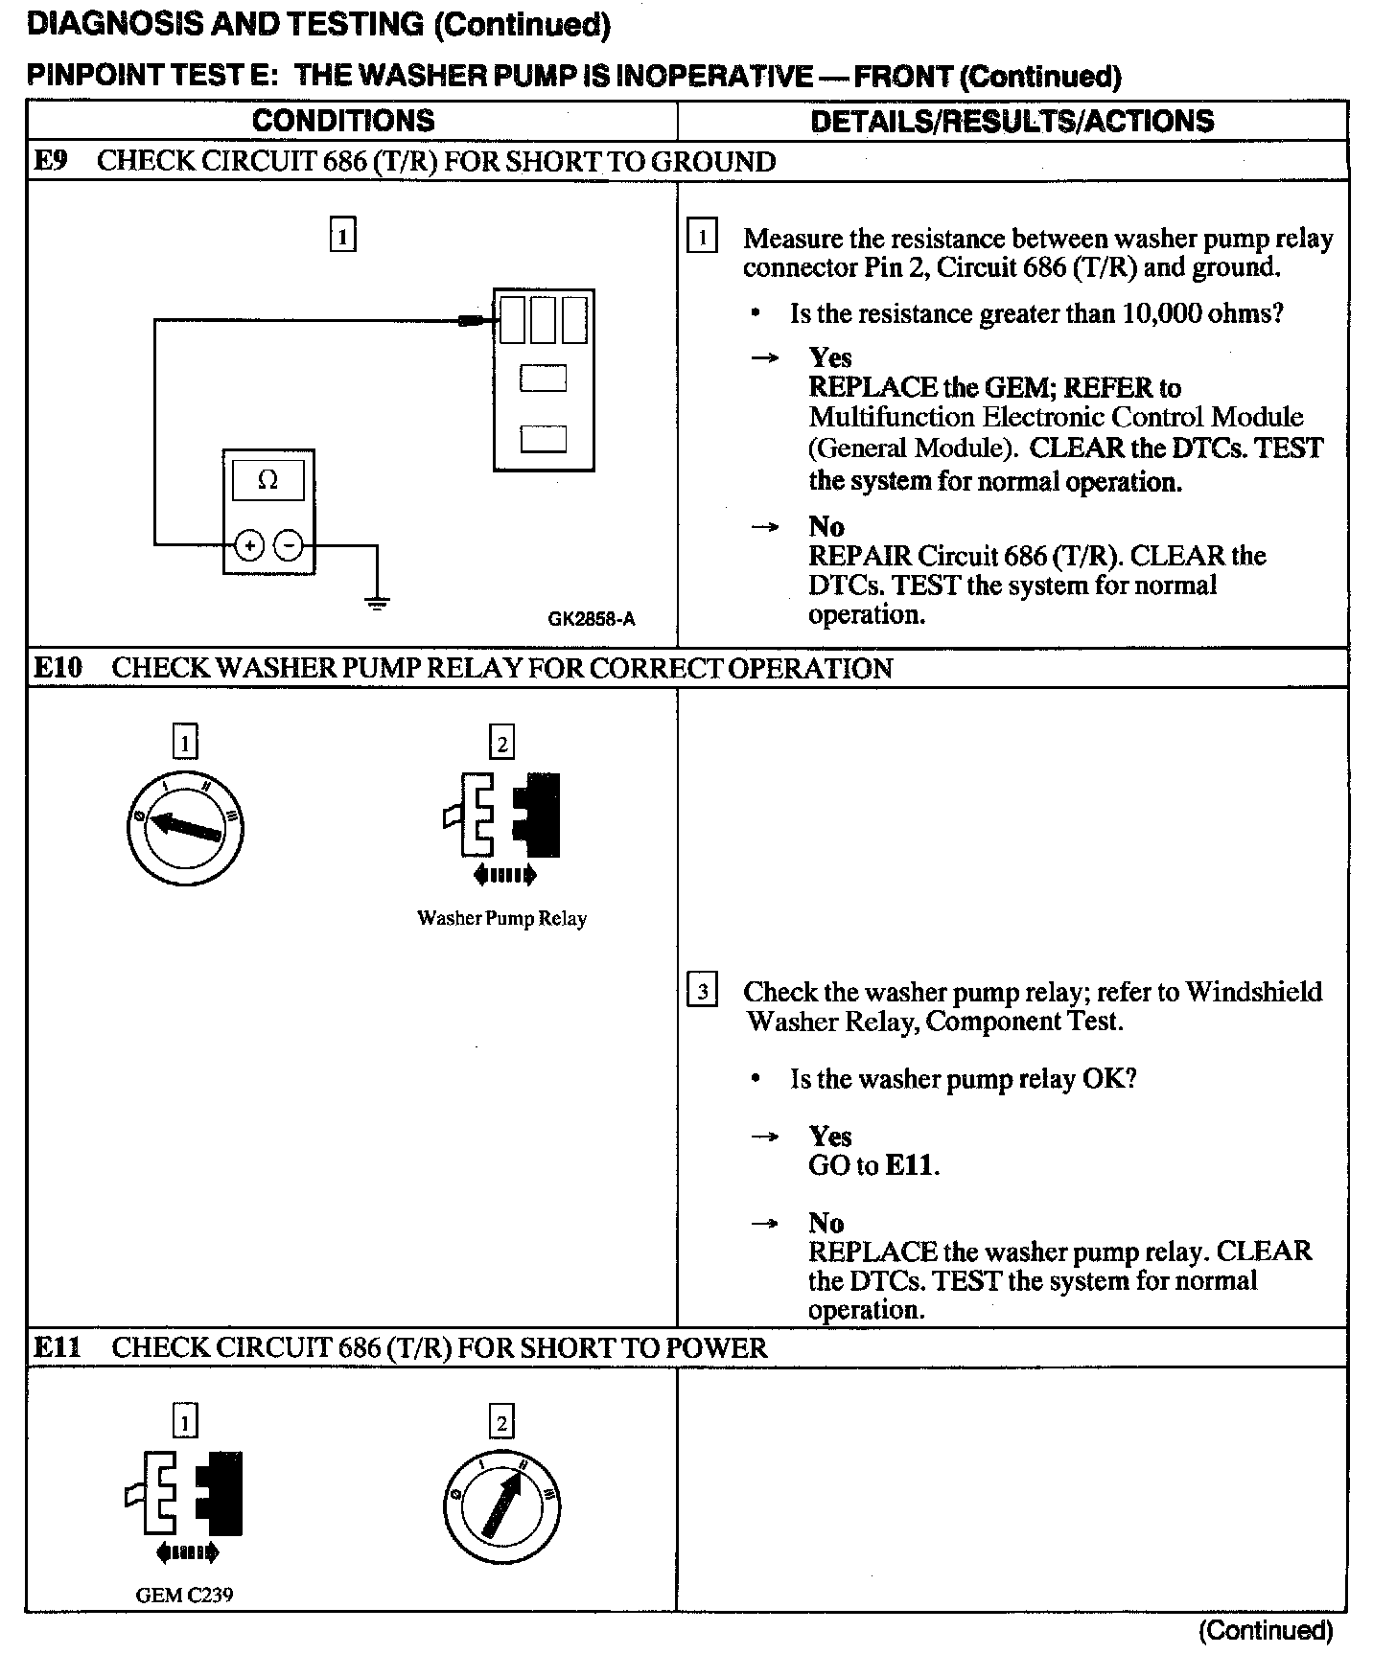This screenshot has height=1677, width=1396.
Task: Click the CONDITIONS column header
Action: [343, 121]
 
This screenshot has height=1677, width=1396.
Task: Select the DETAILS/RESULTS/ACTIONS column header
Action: [1012, 121]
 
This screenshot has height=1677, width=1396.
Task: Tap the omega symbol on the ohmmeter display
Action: [268, 480]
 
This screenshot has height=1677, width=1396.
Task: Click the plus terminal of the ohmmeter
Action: [249, 546]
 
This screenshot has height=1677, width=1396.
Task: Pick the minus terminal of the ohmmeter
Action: [289, 546]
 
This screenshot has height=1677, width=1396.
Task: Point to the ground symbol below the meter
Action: [377, 603]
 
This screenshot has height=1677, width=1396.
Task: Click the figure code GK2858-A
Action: [591, 619]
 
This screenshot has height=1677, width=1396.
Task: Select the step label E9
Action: [51, 161]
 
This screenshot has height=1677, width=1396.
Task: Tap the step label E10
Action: [58, 668]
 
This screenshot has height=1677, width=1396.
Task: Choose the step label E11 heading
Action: [58, 1348]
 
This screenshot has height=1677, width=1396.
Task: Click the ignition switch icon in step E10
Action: [185, 826]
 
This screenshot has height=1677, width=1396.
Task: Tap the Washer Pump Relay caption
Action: [501, 918]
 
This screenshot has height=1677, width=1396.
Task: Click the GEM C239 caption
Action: [185, 1595]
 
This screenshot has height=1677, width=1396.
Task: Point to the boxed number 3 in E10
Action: [703, 990]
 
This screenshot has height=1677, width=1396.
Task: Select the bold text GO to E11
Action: [873, 1165]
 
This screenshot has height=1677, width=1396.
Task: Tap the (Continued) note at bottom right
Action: [1265, 1630]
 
